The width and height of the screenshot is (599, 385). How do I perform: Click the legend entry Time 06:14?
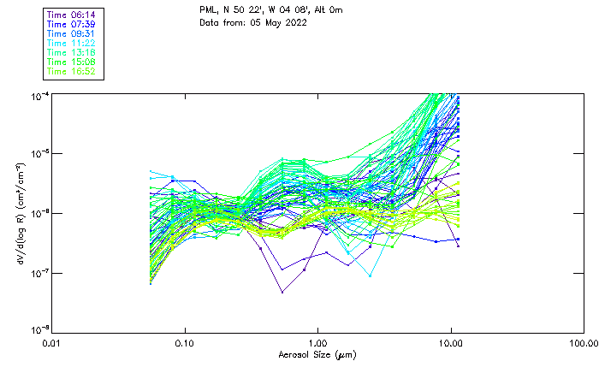73,15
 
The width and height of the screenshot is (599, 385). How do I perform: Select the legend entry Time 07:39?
73,24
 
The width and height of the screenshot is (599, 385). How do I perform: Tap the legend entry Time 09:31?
73,33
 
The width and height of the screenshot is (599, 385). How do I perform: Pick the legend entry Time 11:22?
73,43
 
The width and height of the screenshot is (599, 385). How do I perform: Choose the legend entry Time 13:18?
73,52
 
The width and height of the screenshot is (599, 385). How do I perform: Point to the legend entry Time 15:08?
73,62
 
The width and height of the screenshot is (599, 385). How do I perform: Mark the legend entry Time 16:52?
73,71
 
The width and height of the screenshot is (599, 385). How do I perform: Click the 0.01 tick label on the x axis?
52,343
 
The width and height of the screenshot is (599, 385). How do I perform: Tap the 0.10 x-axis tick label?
185,343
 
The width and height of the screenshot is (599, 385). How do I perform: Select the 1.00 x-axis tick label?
318,343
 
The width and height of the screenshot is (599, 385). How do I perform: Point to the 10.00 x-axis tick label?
451,343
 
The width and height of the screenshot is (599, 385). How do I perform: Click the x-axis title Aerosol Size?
317,354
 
